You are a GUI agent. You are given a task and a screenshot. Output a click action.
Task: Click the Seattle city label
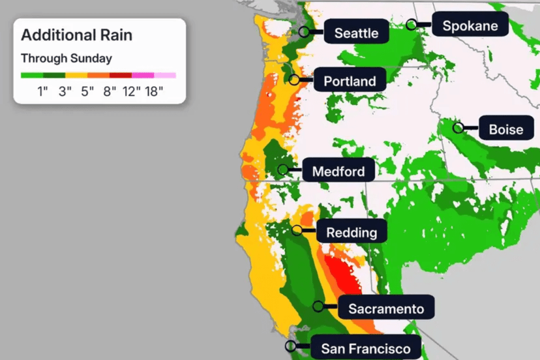(356, 33)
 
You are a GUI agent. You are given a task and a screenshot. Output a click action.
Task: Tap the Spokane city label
(470, 26)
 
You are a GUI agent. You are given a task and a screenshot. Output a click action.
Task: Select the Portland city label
(350, 81)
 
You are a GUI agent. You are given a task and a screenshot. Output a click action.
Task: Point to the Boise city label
(506, 129)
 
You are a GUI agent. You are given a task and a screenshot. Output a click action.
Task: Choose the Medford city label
(343, 172)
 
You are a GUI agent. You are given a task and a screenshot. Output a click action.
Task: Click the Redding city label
(352, 232)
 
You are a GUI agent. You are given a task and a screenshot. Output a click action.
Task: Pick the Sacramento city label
(386, 308)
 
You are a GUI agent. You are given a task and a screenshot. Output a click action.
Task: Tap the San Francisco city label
(366, 349)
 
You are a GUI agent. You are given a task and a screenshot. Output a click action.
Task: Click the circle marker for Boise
(458, 128)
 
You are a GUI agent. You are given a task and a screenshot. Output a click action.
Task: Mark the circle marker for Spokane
(412, 25)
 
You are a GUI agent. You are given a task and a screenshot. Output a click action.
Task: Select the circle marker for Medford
(283, 170)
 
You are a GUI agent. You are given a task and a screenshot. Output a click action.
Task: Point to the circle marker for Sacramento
(318, 306)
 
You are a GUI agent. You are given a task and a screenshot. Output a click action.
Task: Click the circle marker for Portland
(295, 80)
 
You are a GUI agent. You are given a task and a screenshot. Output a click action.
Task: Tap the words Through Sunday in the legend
(67, 58)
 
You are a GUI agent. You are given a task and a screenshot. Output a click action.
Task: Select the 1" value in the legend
(43, 91)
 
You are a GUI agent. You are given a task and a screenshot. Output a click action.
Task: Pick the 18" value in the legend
(153, 91)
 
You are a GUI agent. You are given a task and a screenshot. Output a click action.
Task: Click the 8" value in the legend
(109, 91)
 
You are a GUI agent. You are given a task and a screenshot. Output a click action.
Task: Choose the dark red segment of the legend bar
(121, 76)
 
